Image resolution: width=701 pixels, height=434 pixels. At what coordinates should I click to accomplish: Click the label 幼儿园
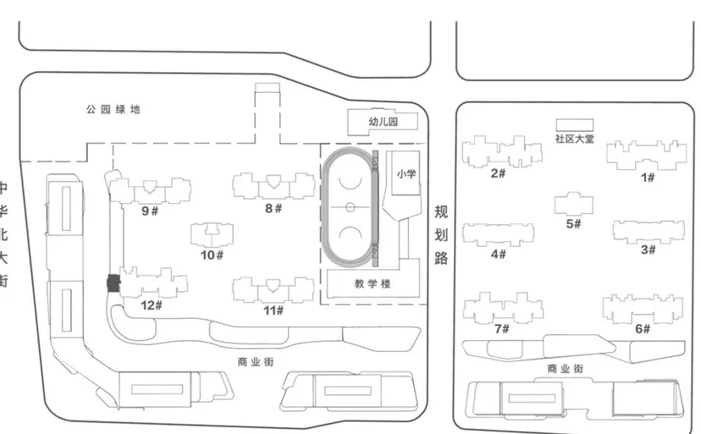(383, 123)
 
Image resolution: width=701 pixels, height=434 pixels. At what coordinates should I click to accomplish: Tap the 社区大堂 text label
(574, 138)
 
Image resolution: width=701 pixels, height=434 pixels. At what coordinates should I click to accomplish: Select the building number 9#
(150, 211)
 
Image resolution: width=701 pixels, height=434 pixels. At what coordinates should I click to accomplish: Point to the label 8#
(273, 208)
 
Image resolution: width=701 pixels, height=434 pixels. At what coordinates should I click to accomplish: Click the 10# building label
(212, 254)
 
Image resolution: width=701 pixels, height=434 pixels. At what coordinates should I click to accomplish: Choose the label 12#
(152, 305)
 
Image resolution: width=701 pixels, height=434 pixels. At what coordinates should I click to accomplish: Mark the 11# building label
(273, 310)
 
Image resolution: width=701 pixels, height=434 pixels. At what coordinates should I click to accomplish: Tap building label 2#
(498, 173)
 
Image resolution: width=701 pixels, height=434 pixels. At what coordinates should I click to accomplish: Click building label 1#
(649, 177)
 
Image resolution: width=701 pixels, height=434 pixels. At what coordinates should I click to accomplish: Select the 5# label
(573, 224)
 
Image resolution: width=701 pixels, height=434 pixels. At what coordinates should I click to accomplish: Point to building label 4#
(498, 254)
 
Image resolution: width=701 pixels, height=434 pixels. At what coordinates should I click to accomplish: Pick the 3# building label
(649, 250)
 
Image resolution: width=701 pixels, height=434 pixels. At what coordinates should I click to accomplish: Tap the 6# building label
(643, 328)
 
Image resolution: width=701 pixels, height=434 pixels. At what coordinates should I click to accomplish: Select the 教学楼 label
(373, 283)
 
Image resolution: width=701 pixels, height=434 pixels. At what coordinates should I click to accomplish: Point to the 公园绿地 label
(113, 110)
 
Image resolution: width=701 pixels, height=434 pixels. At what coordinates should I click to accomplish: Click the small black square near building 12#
(111, 284)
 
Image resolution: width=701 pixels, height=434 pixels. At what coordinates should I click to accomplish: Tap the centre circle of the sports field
(349, 207)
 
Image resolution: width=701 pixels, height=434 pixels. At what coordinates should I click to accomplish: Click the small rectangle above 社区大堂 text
(574, 124)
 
